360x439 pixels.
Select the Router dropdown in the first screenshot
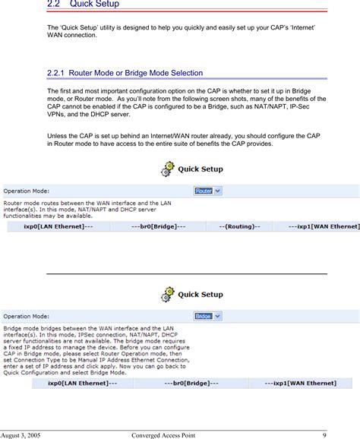[x=207, y=191]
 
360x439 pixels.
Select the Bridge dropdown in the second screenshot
[x=207, y=315]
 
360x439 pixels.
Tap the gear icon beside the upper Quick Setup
[x=168, y=169]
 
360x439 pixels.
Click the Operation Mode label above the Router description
[x=27, y=191]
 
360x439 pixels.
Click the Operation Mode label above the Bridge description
[x=27, y=315]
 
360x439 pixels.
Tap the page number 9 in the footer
[x=324, y=434]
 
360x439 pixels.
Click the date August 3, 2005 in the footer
[x=22, y=434]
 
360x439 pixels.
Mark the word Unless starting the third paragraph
[x=58, y=135]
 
